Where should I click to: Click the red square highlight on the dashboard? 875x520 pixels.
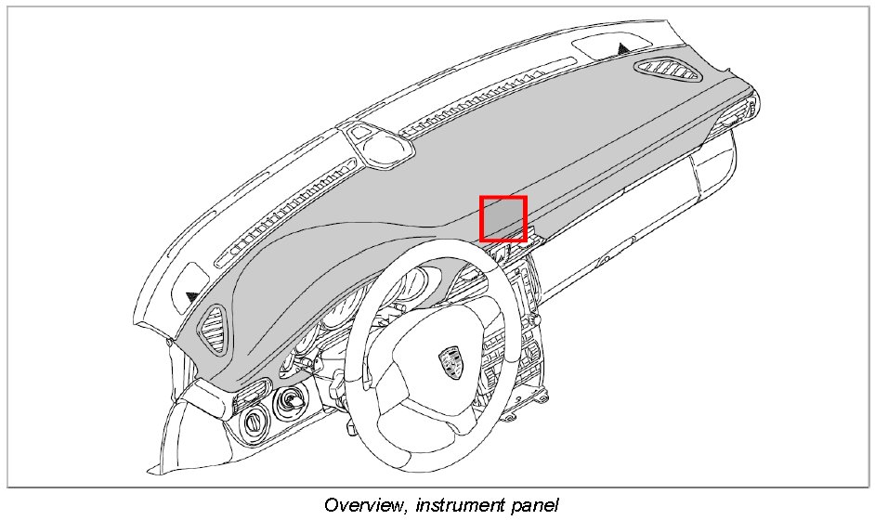tap(503, 218)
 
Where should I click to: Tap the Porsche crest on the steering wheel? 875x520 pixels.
tap(451, 359)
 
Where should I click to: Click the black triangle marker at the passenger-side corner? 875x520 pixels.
tap(621, 45)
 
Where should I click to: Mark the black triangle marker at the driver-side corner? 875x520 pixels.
tap(191, 295)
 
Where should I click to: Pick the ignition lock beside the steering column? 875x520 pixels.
tap(290, 402)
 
